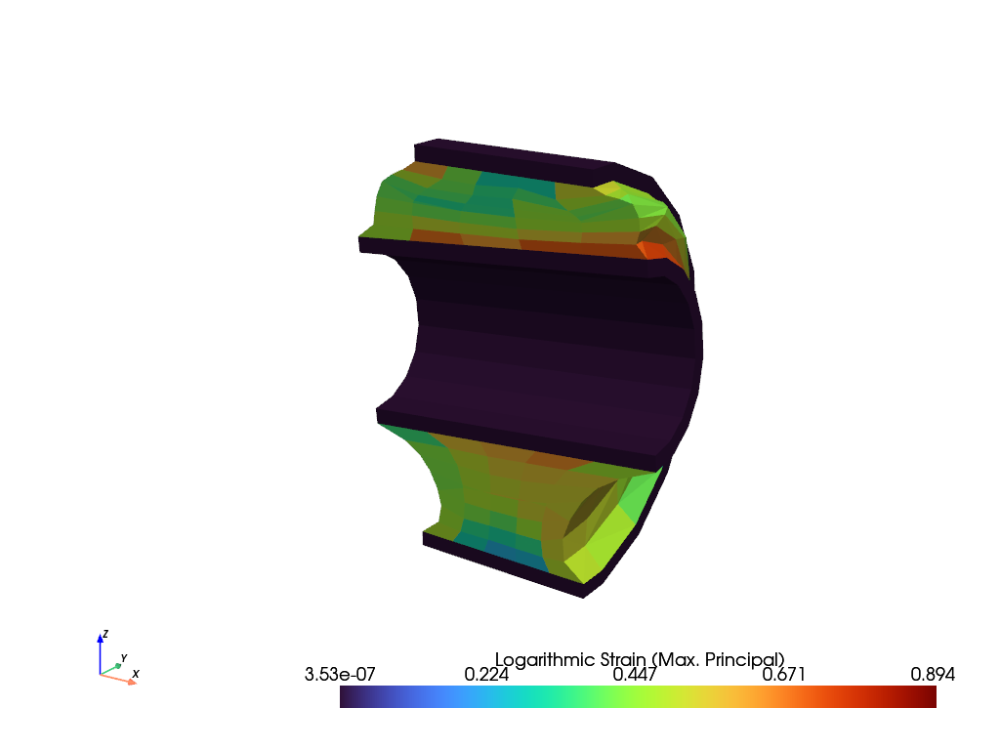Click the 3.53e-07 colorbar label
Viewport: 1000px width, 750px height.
click(x=340, y=674)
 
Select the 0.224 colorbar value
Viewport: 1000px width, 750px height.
click(x=486, y=674)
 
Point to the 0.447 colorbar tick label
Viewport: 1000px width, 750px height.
click(x=635, y=674)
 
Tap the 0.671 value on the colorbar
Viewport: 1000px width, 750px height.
click(x=784, y=674)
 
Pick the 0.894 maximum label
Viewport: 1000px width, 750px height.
click(x=933, y=674)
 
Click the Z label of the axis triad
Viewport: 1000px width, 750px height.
click(x=105, y=634)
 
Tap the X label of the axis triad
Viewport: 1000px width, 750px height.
click(x=135, y=674)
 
